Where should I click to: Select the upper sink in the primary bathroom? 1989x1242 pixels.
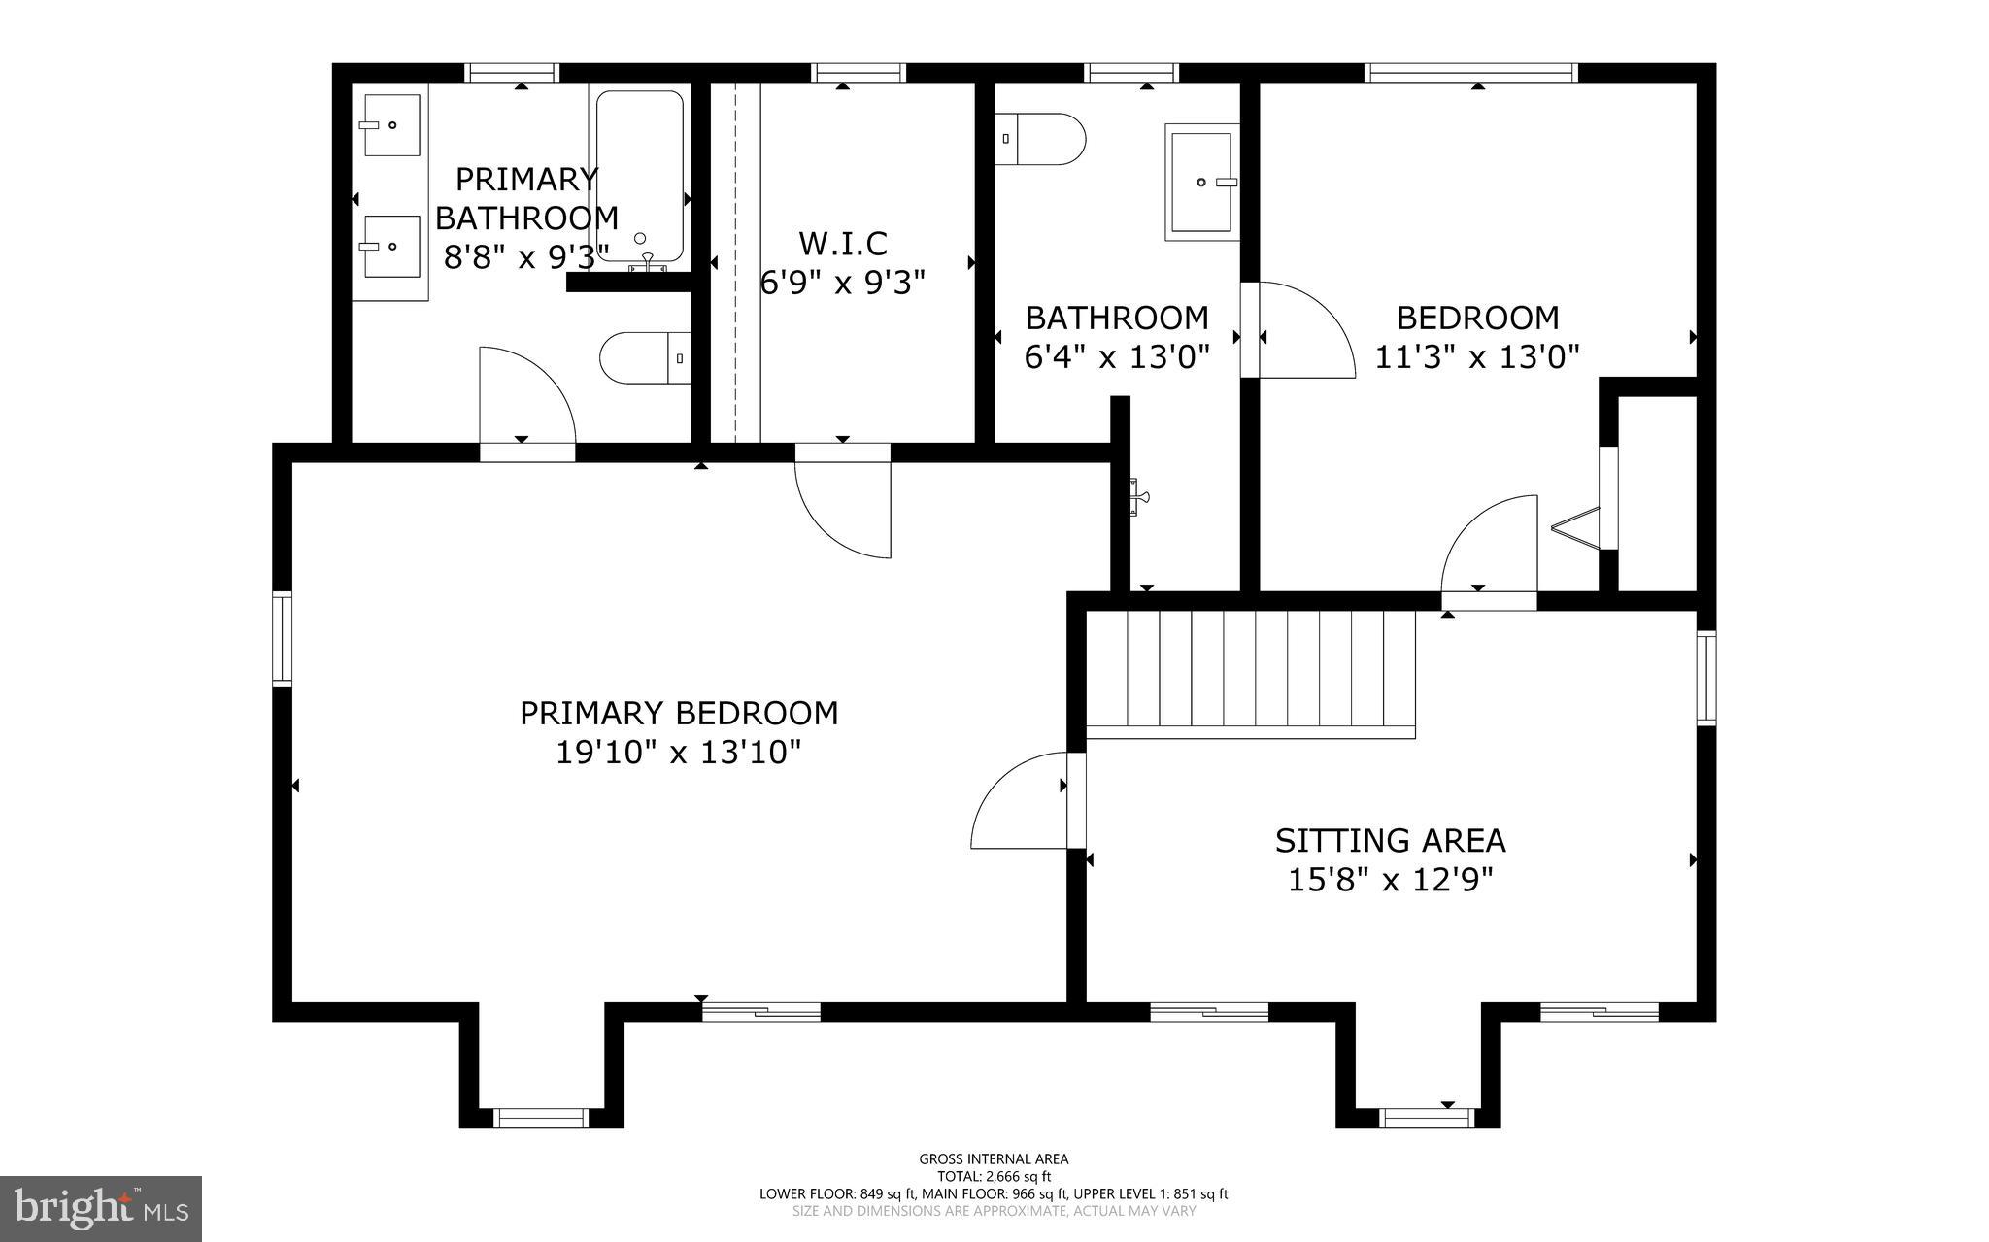click(x=391, y=125)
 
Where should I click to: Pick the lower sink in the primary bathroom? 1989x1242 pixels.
click(x=391, y=247)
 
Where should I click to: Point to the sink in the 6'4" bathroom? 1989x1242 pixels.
click(x=1202, y=182)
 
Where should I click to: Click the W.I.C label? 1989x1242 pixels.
click(x=842, y=243)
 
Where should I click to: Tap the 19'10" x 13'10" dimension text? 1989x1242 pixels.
click(x=678, y=752)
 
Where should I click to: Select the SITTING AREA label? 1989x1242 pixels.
click(x=1390, y=840)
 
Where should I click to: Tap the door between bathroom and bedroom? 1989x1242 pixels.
click(x=1301, y=330)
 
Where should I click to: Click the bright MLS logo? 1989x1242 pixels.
click(x=101, y=1208)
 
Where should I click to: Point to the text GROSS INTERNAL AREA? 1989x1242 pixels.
click(x=994, y=1158)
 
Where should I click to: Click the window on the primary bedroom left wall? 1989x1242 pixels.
click(x=282, y=638)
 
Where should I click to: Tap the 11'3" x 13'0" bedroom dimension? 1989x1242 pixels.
click(x=1477, y=357)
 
